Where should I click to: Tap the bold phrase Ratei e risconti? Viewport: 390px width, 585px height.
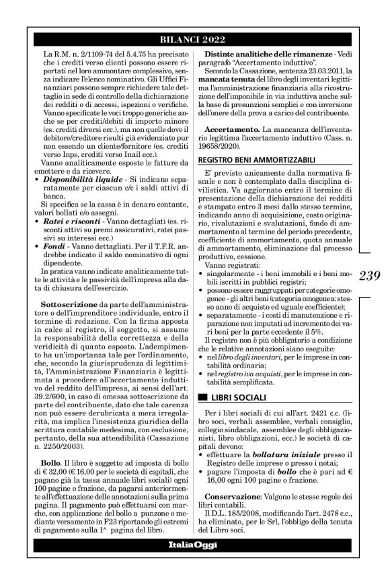point(68,219)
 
